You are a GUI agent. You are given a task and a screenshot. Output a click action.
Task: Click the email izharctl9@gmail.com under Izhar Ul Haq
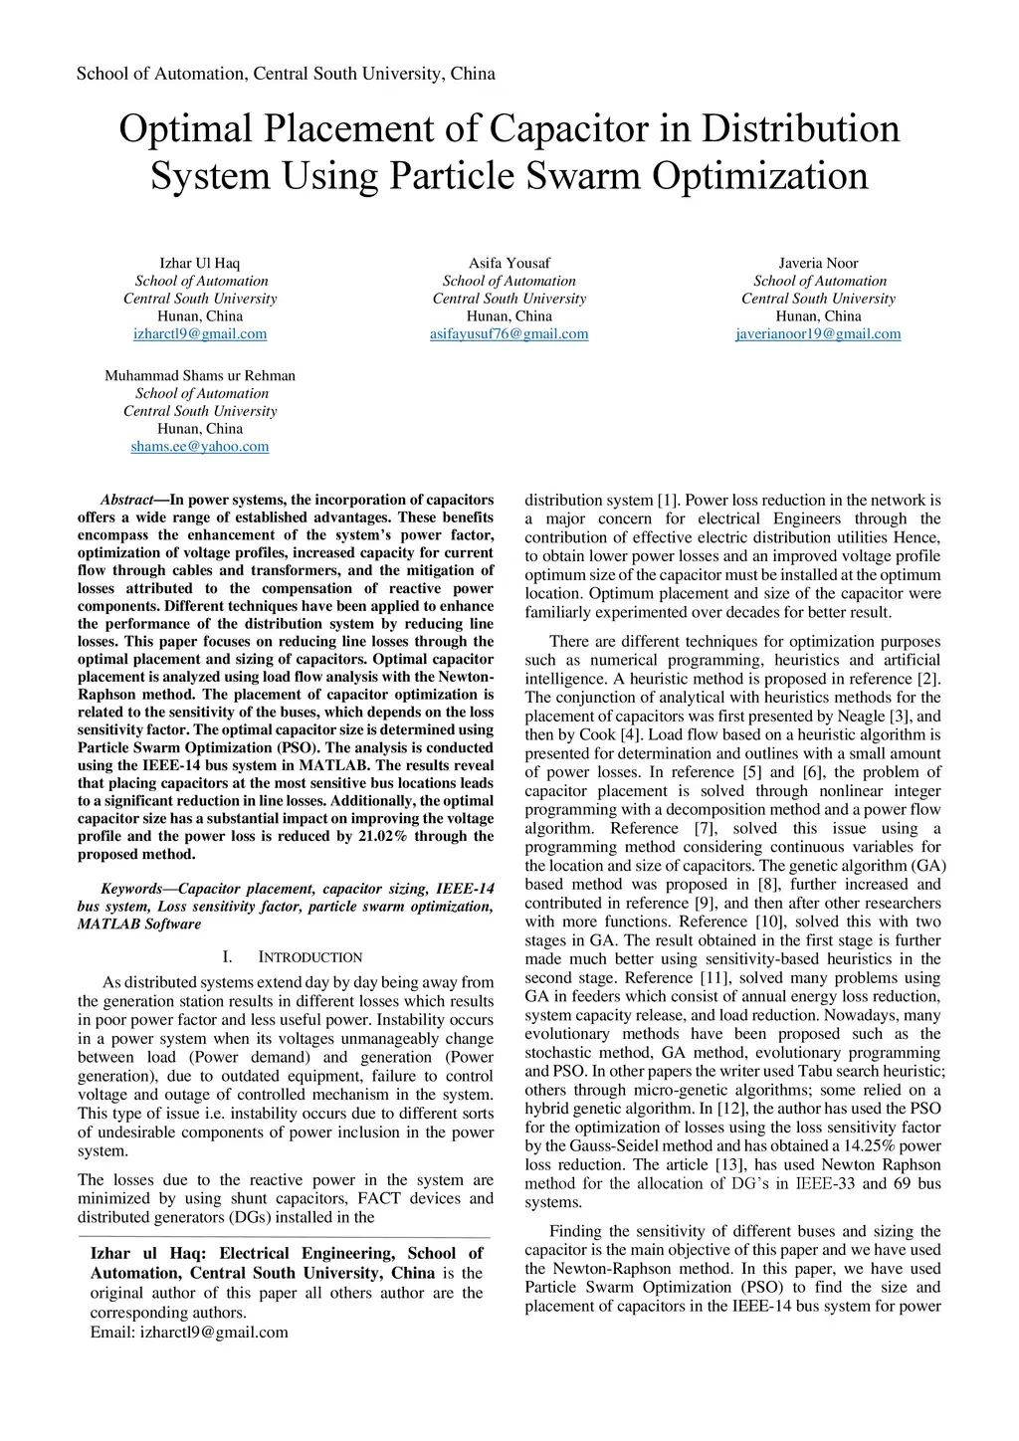[x=200, y=334]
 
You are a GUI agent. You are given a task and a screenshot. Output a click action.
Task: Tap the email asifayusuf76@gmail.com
[x=509, y=334]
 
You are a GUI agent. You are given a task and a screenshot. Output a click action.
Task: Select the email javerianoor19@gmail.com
[x=818, y=334]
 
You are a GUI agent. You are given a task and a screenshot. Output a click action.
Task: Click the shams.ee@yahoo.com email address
[x=200, y=447]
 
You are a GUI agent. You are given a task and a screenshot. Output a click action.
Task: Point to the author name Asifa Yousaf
[x=509, y=264]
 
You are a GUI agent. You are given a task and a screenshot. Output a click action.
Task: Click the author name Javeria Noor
[x=818, y=264]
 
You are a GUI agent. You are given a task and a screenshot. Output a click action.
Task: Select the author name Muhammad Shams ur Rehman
[x=200, y=376]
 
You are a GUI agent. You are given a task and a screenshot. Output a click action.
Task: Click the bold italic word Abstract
[x=126, y=500]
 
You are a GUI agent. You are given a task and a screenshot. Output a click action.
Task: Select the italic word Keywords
[x=131, y=889]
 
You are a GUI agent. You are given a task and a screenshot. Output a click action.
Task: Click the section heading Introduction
[x=310, y=957]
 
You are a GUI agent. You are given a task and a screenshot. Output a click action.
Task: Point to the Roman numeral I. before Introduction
[x=228, y=957]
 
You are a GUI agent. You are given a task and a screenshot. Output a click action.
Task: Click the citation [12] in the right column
[x=732, y=1109]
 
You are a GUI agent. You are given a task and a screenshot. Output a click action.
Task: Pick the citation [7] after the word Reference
[x=705, y=829]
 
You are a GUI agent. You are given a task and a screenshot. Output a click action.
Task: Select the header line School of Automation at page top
[x=286, y=74]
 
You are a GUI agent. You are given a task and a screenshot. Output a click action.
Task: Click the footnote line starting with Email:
[x=189, y=1333]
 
